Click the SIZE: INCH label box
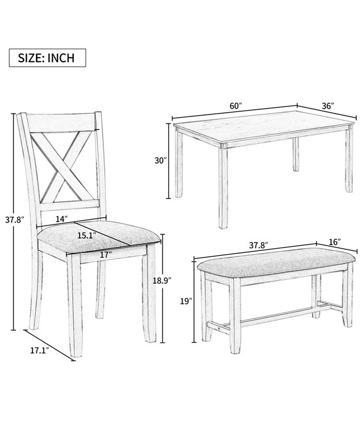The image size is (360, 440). [x=47, y=58]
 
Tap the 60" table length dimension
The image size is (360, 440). [x=236, y=106]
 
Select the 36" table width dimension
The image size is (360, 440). [x=328, y=106]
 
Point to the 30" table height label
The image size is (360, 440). [x=160, y=161]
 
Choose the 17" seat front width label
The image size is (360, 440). [x=106, y=255]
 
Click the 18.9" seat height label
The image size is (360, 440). [x=162, y=280]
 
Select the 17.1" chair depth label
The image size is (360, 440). [x=40, y=350]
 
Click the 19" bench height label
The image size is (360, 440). [x=186, y=302]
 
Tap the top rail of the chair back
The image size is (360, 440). [x=62, y=123]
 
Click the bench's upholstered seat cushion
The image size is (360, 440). [x=275, y=262]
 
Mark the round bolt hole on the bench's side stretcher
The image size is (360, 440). [x=219, y=327]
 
